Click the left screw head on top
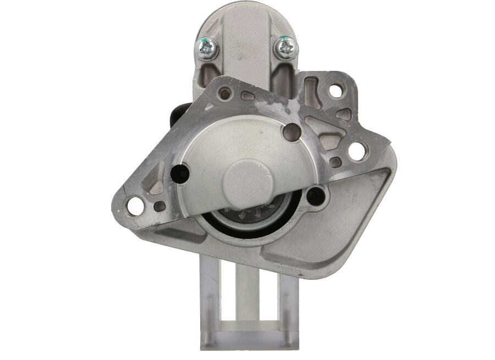207,48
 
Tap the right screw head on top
286,48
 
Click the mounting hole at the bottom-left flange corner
135,206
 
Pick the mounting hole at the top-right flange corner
337,90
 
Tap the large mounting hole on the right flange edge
357,151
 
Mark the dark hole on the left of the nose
180,174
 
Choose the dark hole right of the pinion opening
316,196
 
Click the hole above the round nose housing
291,131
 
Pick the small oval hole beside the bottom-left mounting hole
159,206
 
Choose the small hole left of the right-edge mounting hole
335,162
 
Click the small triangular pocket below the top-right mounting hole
343,114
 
